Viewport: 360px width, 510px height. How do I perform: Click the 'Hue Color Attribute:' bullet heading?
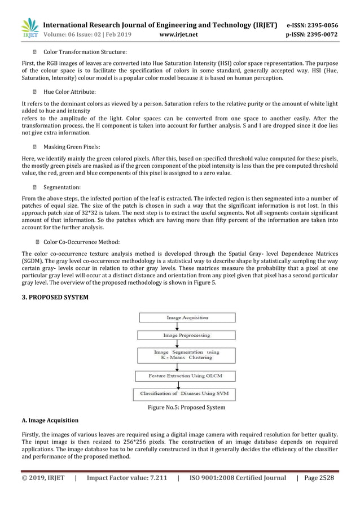[x=69, y=91]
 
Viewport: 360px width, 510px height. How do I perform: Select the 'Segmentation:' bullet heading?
[x=62, y=186]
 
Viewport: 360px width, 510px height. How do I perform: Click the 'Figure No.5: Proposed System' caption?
[x=186, y=407]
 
